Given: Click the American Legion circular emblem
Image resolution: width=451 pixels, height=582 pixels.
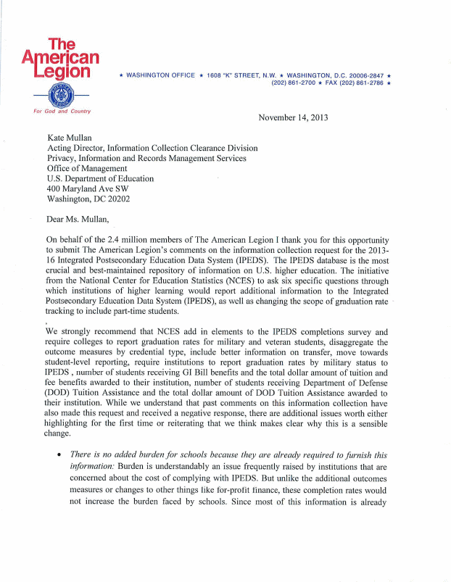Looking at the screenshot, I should click(61, 95).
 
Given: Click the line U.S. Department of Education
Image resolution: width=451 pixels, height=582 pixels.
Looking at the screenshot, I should click(100, 178).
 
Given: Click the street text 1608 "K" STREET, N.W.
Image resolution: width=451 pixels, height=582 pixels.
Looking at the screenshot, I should click(242, 75).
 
